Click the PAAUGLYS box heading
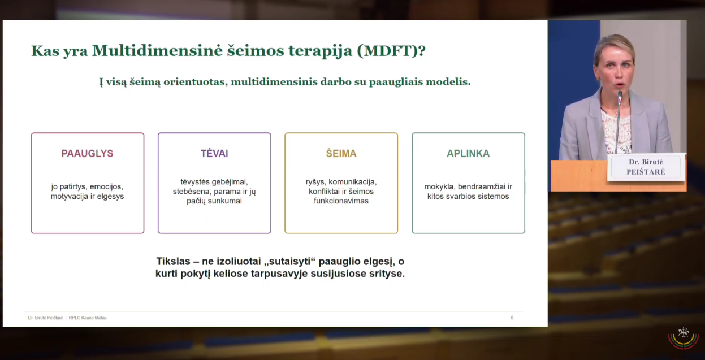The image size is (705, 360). [87, 153]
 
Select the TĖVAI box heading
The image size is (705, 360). [214, 153]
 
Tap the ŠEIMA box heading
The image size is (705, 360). [341, 153]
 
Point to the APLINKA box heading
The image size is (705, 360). [468, 153]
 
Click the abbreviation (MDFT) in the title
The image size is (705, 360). [391, 51]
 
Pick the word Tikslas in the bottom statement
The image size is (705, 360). [173, 262]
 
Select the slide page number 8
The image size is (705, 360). [512, 318]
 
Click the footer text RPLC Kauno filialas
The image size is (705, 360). [88, 318]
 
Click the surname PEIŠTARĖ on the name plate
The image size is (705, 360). [646, 172]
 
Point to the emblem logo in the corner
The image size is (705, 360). [684, 338]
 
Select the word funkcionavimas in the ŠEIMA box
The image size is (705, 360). [341, 201]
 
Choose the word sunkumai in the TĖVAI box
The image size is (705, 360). [228, 201]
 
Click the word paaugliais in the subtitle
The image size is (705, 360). [395, 82]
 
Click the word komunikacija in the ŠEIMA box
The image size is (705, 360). [353, 182]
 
